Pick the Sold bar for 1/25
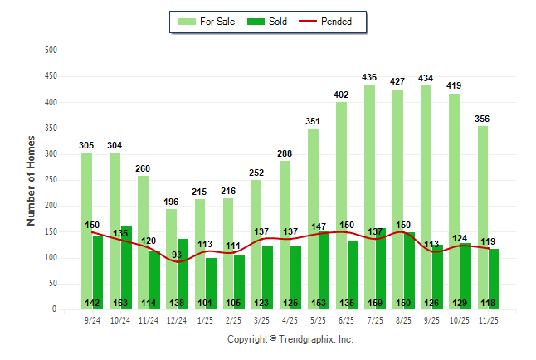tap(212, 283)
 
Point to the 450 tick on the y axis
tap(51, 76)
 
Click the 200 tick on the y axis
tap(51, 206)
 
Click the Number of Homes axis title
tap(31, 180)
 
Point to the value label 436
tap(369, 77)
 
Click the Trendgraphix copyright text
tap(290, 339)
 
